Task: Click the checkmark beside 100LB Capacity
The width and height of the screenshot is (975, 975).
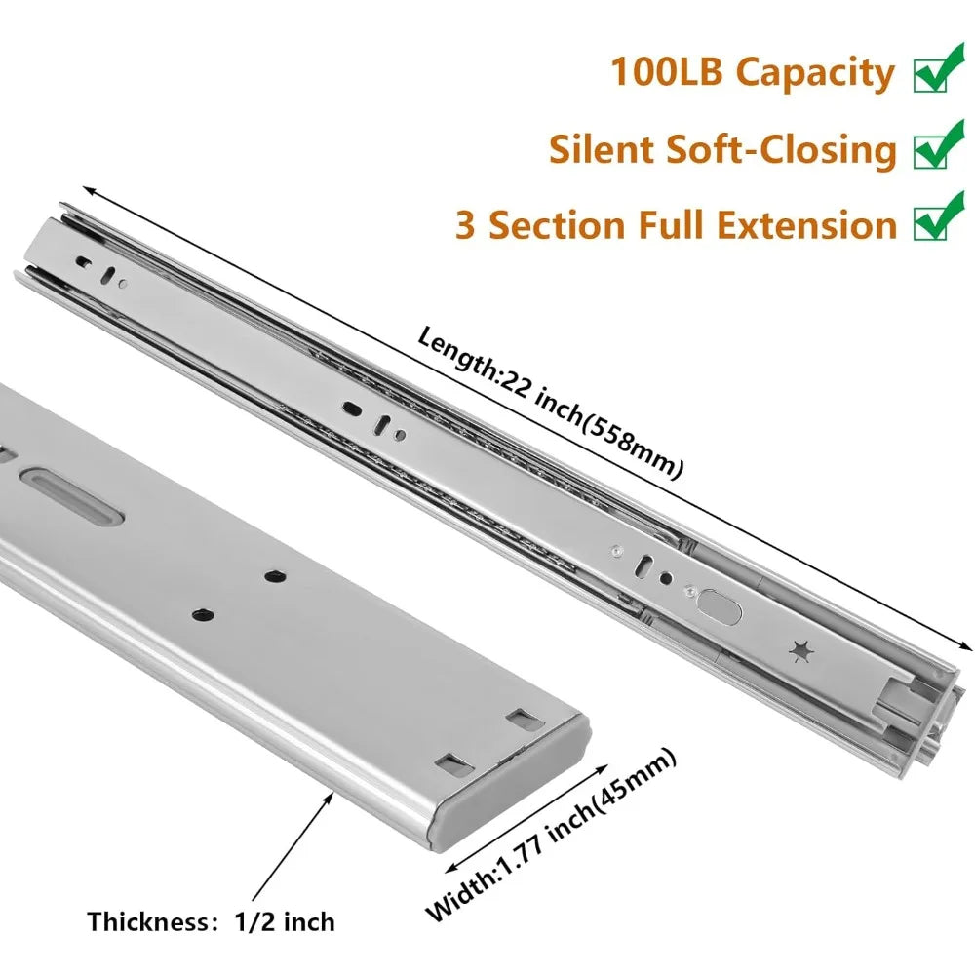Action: point(939,68)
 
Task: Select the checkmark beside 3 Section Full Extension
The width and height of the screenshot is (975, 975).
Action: point(939,216)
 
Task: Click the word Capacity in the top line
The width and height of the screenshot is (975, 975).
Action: point(815,73)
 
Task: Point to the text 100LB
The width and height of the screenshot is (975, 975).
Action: point(666,70)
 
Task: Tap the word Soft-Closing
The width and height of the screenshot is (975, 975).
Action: point(781,151)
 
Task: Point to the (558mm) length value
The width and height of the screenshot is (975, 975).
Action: point(634,446)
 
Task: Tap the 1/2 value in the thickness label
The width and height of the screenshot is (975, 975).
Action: point(254,921)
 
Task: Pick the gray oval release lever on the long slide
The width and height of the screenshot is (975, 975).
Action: point(720,607)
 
